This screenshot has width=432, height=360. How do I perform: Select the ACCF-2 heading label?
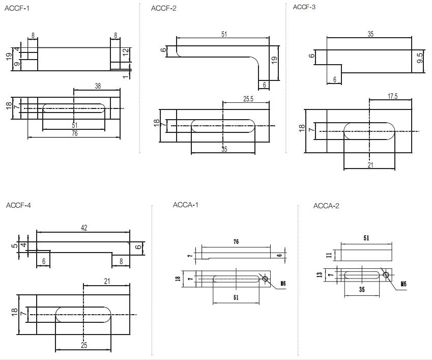(163, 9)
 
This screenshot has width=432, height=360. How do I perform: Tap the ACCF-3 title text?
(304, 7)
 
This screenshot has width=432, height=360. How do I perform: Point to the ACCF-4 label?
(18, 205)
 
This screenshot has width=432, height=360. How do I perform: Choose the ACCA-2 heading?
(326, 206)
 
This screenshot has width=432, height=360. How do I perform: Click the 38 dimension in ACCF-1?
(97, 86)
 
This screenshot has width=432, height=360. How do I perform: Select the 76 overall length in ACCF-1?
(74, 133)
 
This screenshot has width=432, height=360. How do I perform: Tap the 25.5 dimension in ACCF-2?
(248, 99)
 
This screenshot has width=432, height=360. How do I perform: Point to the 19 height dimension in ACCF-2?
(274, 60)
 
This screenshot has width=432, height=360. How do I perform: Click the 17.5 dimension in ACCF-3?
(392, 96)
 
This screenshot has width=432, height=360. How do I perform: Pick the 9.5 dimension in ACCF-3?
(420, 57)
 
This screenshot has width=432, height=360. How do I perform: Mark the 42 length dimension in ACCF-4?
(84, 228)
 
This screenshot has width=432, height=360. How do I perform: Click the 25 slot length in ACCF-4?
(84, 345)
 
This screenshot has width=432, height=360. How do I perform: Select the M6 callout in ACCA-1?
(281, 284)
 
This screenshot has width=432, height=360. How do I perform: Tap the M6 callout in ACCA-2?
(404, 284)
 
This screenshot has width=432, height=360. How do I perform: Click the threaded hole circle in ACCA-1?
(265, 278)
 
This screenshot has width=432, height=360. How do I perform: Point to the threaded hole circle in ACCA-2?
(386, 275)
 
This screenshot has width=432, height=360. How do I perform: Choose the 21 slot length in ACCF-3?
(370, 164)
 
